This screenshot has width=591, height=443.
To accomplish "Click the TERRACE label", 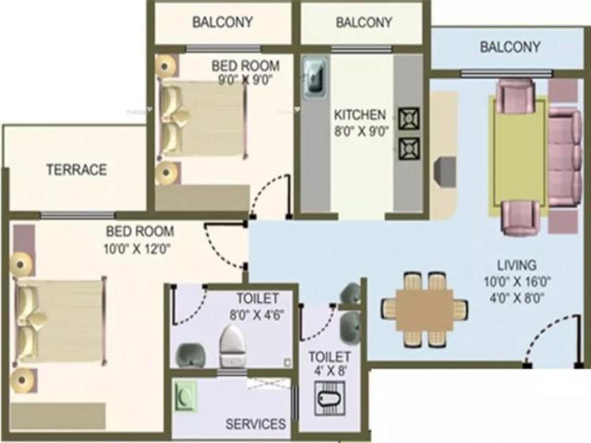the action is (x=77, y=170).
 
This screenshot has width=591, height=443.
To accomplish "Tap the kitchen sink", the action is (x=316, y=78).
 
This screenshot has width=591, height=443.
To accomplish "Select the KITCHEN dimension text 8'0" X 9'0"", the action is (x=361, y=132).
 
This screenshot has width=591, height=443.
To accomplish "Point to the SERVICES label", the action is (x=256, y=424).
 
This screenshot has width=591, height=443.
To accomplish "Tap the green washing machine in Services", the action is (x=185, y=396).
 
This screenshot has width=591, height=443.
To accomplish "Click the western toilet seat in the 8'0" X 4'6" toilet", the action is (x=232, y=346).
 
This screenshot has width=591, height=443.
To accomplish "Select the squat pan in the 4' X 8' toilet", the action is (x=330, y=398).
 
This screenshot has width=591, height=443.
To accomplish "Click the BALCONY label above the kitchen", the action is (x=364, y=22).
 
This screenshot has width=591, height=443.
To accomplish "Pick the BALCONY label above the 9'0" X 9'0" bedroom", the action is (x=223, y=22).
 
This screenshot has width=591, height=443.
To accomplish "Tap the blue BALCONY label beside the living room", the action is (x=510, y=47).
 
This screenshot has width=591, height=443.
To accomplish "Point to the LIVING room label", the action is (x=517, y=265).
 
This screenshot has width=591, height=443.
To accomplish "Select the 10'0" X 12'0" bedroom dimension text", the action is (x=137, y=249).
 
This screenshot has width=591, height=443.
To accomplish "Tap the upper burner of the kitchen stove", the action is (x=409, y=118).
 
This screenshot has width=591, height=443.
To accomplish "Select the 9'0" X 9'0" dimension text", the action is (x=245, y=80).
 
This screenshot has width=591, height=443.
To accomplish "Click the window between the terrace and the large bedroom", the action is (x=78, y=215).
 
